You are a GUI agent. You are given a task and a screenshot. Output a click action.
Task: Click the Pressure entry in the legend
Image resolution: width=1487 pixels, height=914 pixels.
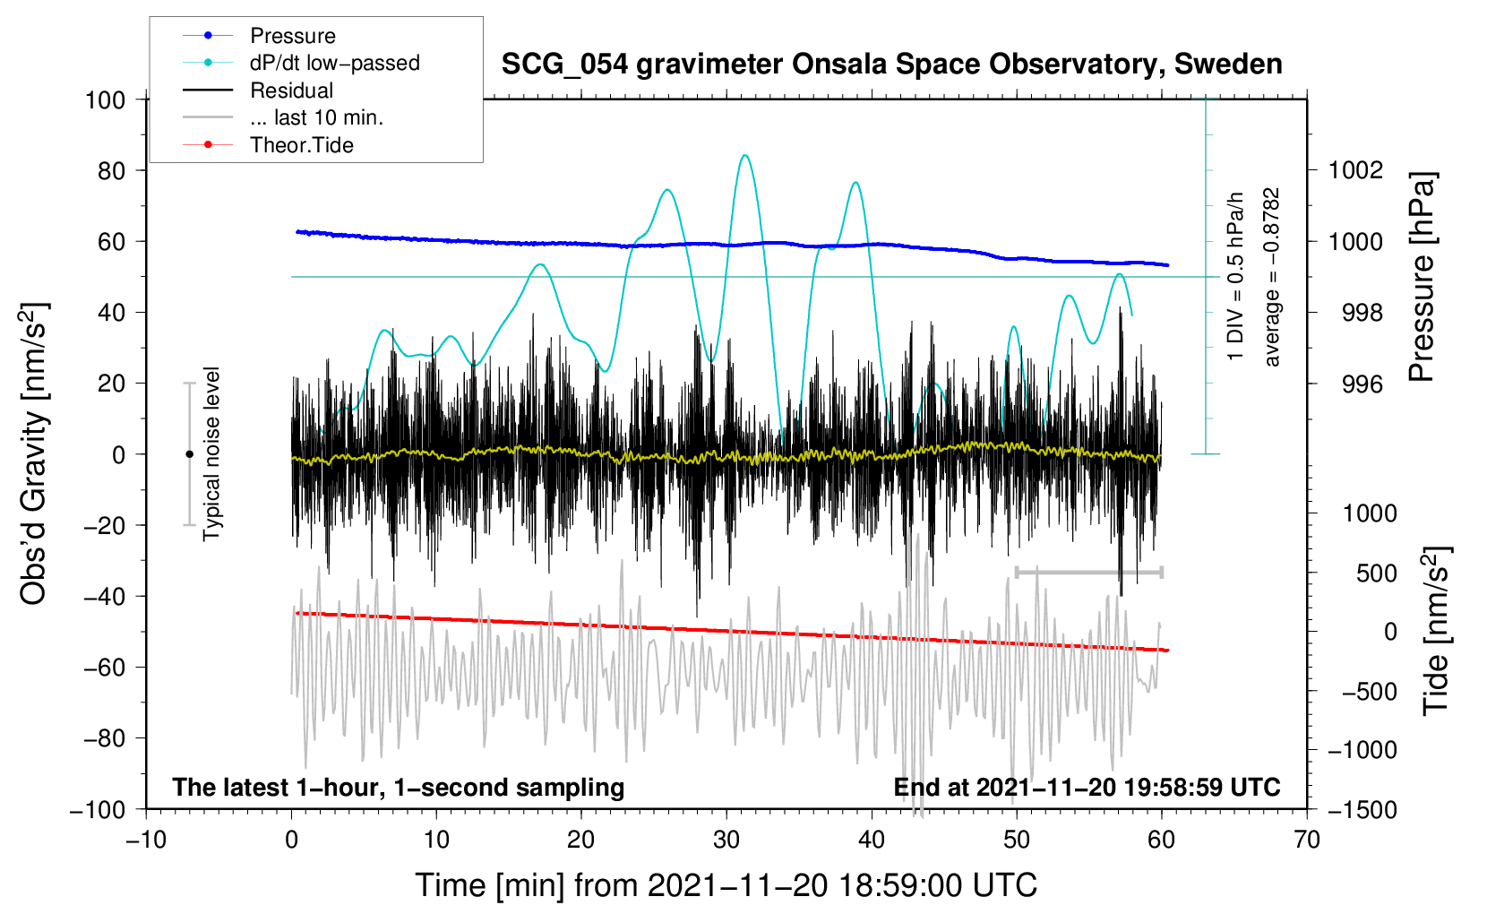(292, 36)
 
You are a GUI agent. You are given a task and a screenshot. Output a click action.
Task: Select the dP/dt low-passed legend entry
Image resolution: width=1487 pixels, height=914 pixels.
(334, 63)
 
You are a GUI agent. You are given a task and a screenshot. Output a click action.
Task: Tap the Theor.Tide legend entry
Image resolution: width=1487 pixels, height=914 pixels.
(301, 145)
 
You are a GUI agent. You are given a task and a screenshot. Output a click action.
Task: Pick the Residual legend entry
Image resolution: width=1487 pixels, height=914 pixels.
(291, 91)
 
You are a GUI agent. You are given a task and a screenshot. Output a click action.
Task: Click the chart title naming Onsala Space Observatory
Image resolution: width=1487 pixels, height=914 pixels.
(891, 65)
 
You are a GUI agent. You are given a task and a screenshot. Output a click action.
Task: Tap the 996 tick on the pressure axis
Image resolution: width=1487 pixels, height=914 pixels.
(1362, 384)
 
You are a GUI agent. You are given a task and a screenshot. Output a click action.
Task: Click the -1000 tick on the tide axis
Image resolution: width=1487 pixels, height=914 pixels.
(1362, 750)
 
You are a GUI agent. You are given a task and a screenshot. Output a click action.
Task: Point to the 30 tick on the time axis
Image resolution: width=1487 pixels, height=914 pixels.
(726, 840)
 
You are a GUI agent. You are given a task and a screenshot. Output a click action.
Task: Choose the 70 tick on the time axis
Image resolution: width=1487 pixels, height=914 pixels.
(1307, 840)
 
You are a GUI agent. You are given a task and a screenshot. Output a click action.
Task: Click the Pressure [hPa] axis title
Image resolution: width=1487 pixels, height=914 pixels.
(1422, 277)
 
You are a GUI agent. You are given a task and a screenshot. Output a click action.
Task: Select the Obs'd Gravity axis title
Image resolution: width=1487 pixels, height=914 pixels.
(34, 453)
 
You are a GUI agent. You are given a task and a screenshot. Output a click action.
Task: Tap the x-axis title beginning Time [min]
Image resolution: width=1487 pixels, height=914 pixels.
(726, 885)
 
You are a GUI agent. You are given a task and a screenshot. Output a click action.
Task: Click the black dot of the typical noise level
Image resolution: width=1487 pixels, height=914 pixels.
(189, 454)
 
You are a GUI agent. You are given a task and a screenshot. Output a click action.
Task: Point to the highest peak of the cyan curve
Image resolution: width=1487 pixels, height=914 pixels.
(744, 155)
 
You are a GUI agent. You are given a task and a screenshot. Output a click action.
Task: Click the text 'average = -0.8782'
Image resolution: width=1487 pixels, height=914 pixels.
(1272, 277)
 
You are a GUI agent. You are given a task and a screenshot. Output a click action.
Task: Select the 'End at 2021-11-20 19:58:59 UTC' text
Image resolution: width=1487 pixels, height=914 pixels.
(1087, 787)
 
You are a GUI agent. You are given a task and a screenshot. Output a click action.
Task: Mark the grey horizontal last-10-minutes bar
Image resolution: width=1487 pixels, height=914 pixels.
(1088, 572)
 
